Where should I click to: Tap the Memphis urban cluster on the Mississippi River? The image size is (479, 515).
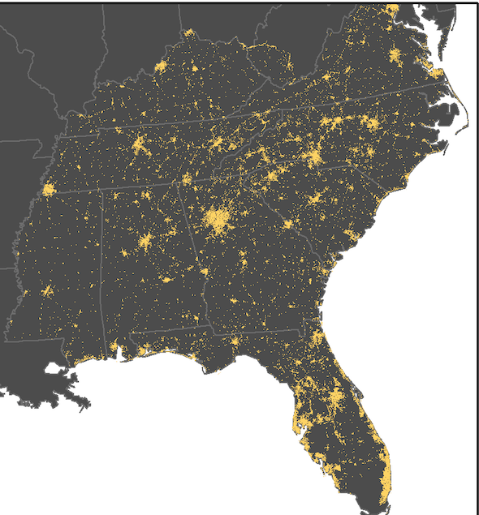click(48, 190)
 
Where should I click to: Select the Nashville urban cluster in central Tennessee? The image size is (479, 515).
click(139, 147)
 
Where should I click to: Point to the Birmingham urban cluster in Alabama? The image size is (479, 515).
click(146, 242)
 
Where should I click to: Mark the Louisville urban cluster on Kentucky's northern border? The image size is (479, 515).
click(161, 66)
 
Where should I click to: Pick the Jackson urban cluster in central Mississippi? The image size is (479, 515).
click(47, 290)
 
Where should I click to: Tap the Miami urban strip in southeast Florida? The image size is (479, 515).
click(385, 479)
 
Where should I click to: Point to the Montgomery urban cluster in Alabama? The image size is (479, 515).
click(166, 279)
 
